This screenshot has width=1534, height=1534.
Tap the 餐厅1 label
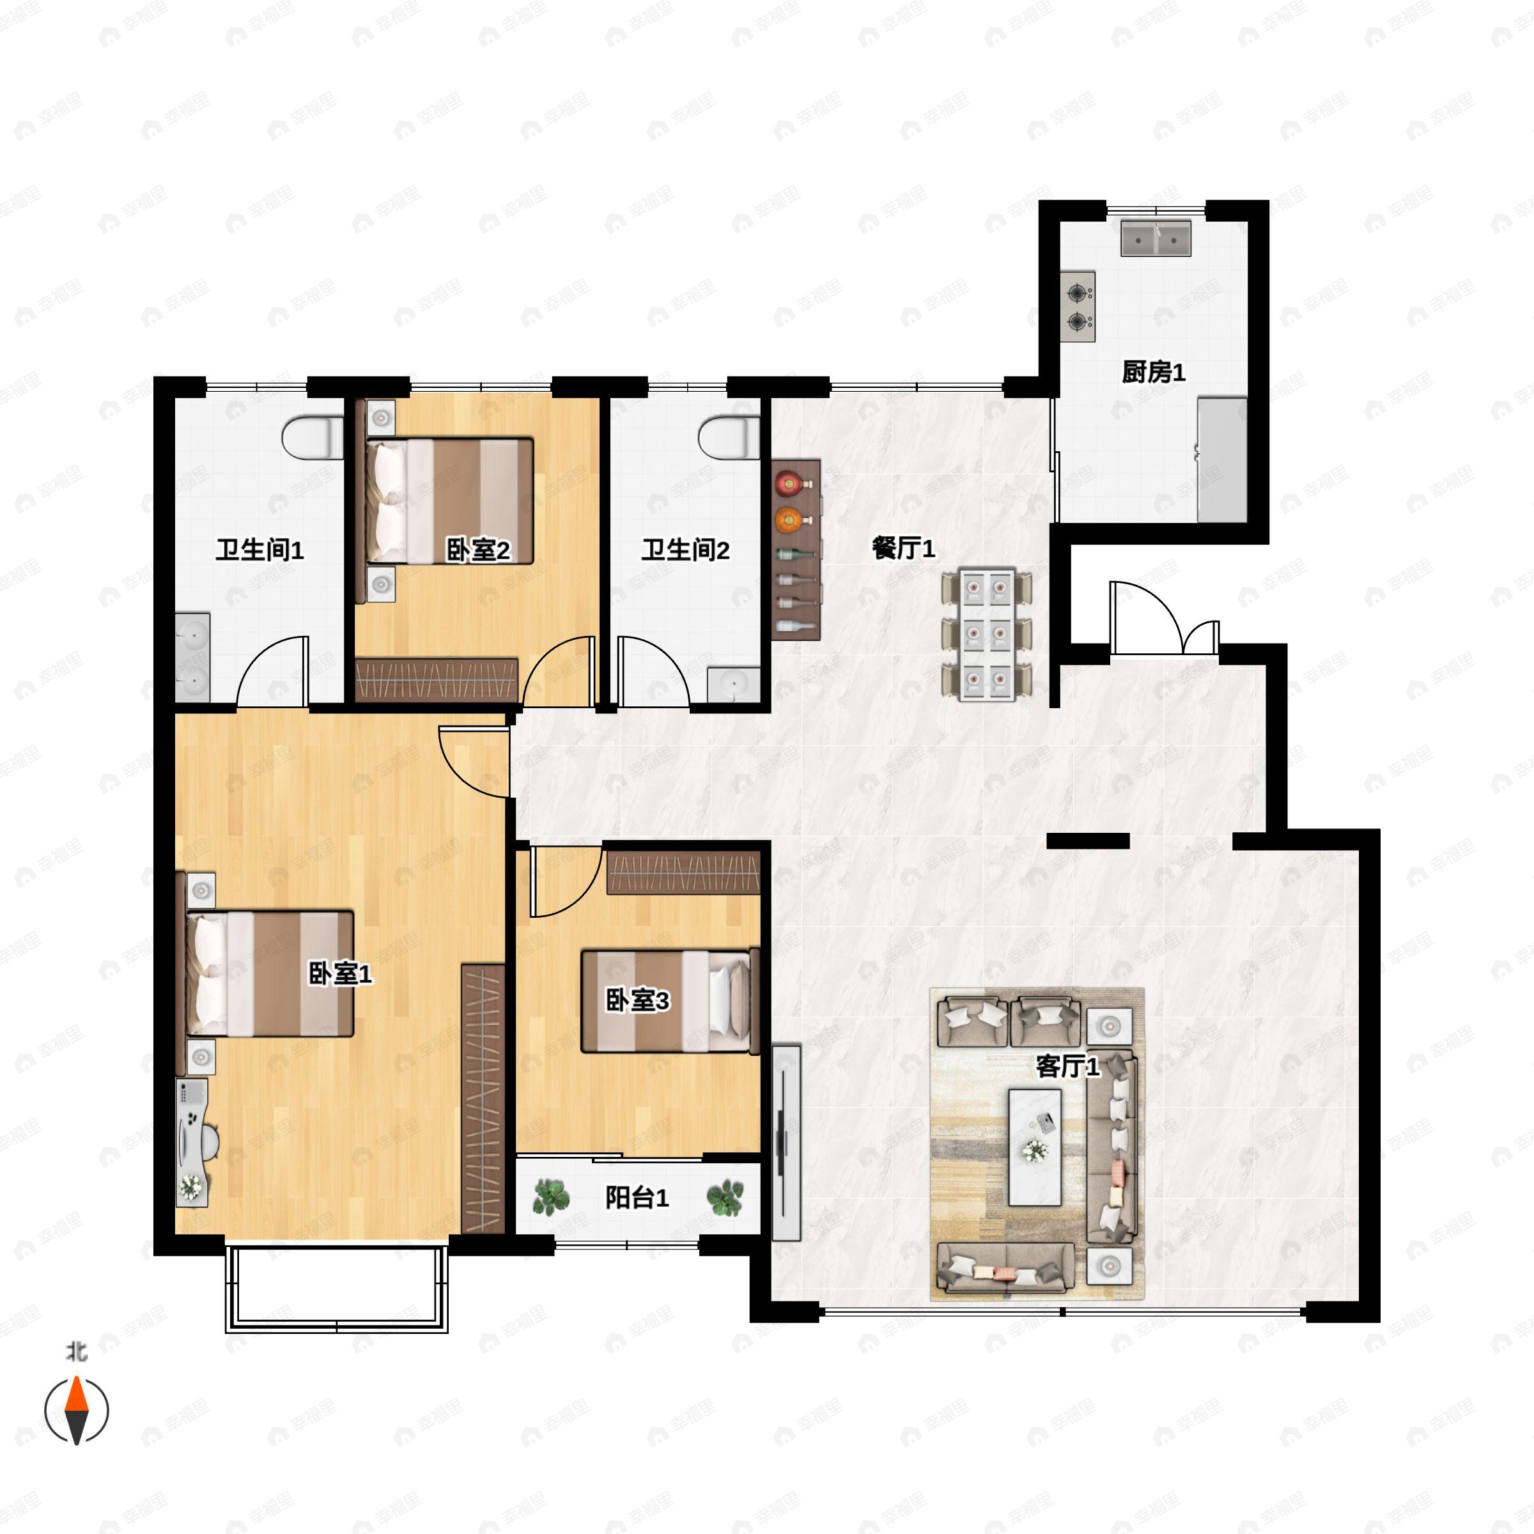click(x=904, y=548)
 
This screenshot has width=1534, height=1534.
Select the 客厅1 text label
click(x=1068, y=1066)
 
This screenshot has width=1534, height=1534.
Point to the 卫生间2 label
click(x=686, y=550)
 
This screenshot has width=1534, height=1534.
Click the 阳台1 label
click(x=637, y=1197)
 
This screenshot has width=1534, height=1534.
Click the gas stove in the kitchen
click(x=1078, y=307)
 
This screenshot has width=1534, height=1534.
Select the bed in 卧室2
click(x=449, y=500)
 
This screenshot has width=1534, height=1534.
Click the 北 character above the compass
click(x=77, y=1351)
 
